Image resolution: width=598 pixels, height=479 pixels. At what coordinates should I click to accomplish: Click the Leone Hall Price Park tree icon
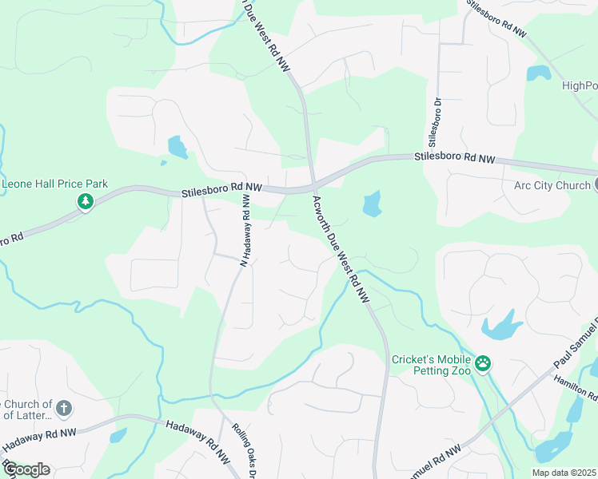85,202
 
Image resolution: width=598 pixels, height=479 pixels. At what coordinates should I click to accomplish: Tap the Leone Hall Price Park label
54,184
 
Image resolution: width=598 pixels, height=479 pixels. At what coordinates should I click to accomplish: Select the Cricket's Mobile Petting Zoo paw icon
483,364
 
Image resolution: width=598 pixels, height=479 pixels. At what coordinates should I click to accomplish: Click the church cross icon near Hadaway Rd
65,410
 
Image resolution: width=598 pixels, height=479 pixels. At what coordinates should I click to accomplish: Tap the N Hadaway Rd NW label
245,233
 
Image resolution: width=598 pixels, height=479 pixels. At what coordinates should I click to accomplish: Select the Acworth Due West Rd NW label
341,250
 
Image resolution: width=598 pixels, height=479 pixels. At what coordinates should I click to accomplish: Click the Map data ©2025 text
564,473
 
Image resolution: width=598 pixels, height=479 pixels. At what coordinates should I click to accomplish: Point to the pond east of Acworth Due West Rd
372,204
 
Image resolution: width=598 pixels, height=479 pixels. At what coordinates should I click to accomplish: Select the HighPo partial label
580,86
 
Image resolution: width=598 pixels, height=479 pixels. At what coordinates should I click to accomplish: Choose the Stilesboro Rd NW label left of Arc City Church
455,159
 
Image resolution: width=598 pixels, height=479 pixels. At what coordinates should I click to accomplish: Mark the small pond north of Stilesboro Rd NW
177,147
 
